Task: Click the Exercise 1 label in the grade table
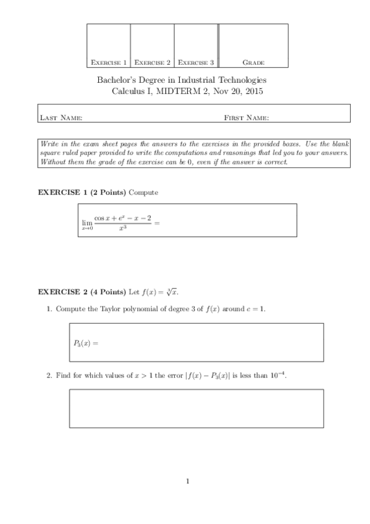[x=109, y=62]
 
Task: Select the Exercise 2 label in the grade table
[x=152, y=62]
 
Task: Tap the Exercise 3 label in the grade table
[x=196, y=62]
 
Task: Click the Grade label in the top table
[x=253, y=62]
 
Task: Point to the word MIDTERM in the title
[x=179, y=91]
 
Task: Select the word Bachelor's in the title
[x=117, y=80]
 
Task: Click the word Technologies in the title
[x=243, y=80]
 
